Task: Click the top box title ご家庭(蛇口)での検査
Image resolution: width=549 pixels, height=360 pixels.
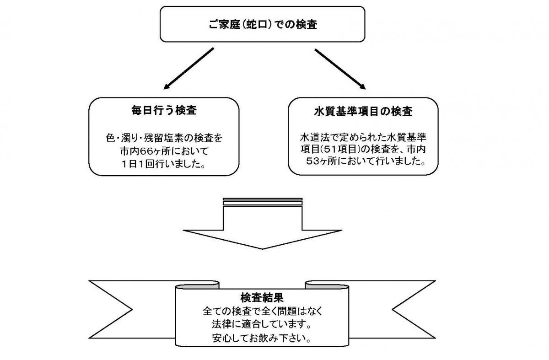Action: point(263,25)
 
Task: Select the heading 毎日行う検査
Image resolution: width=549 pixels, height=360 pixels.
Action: point(164,110)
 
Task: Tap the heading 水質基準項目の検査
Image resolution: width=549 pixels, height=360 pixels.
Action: point(363,112)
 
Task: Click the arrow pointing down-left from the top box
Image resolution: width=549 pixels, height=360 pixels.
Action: point(188,68)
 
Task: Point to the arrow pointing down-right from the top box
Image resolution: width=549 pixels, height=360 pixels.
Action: point(340,69)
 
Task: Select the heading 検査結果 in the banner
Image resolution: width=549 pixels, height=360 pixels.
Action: point(262,298)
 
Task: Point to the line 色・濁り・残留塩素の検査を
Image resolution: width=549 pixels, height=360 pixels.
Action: point(164,139)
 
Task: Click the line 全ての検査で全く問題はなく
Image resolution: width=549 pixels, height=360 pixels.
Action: point(263,312)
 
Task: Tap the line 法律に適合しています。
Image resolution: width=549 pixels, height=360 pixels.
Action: point(262,325)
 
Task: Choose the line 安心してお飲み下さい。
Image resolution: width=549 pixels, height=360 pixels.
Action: point(262,338)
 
